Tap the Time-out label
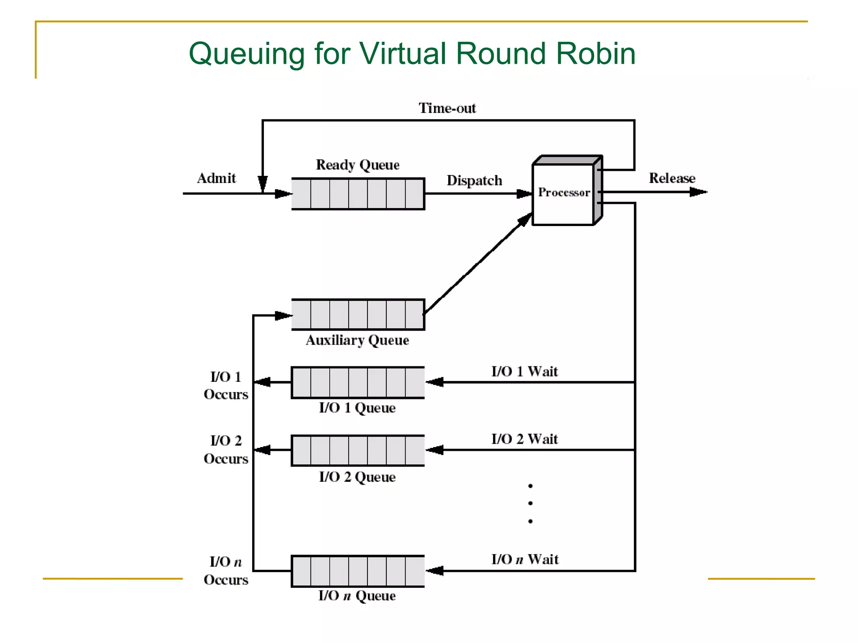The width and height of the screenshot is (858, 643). [447, 108]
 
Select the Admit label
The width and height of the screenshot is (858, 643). [216, 178]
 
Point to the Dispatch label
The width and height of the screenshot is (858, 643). [474, 180]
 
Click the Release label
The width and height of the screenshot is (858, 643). [672, 178]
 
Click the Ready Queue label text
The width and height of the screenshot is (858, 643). [357, 165]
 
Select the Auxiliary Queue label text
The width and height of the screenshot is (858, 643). [357, 340]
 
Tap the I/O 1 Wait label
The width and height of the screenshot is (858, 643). [524, 371]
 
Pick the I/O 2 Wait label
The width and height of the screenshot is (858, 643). [524, 439]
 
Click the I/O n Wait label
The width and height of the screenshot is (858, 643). [525, 559]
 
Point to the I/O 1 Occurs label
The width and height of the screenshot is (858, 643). [226, 386]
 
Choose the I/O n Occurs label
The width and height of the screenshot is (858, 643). [226, 571]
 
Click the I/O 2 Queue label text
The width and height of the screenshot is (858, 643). [357, 477]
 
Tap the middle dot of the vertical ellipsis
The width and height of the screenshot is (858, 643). [530, 503]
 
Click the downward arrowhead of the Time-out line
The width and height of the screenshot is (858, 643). [263, 184]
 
